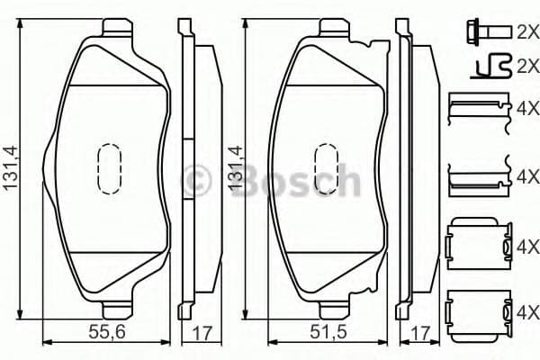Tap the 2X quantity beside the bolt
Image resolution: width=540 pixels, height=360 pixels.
click(526, 32)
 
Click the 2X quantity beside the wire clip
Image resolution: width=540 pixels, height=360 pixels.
click(526, 66)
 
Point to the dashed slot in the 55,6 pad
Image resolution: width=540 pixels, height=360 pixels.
click(109, 169)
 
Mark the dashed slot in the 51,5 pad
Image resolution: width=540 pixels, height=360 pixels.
click(325, 169)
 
